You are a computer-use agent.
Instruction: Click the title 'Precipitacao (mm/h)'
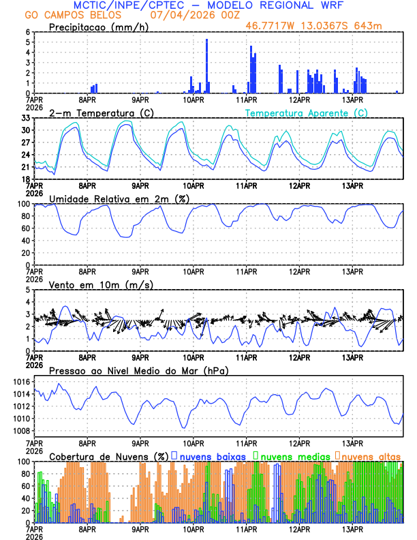tap(95, 27)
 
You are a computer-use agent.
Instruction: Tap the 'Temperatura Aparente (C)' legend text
tap(306, 112)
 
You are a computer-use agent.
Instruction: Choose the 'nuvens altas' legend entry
tap(371, 455)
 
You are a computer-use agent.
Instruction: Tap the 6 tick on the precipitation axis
tap(29, 32)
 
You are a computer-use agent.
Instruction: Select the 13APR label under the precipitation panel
tap(352, 100)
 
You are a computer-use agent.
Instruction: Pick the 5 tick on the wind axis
tap(29, 290)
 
